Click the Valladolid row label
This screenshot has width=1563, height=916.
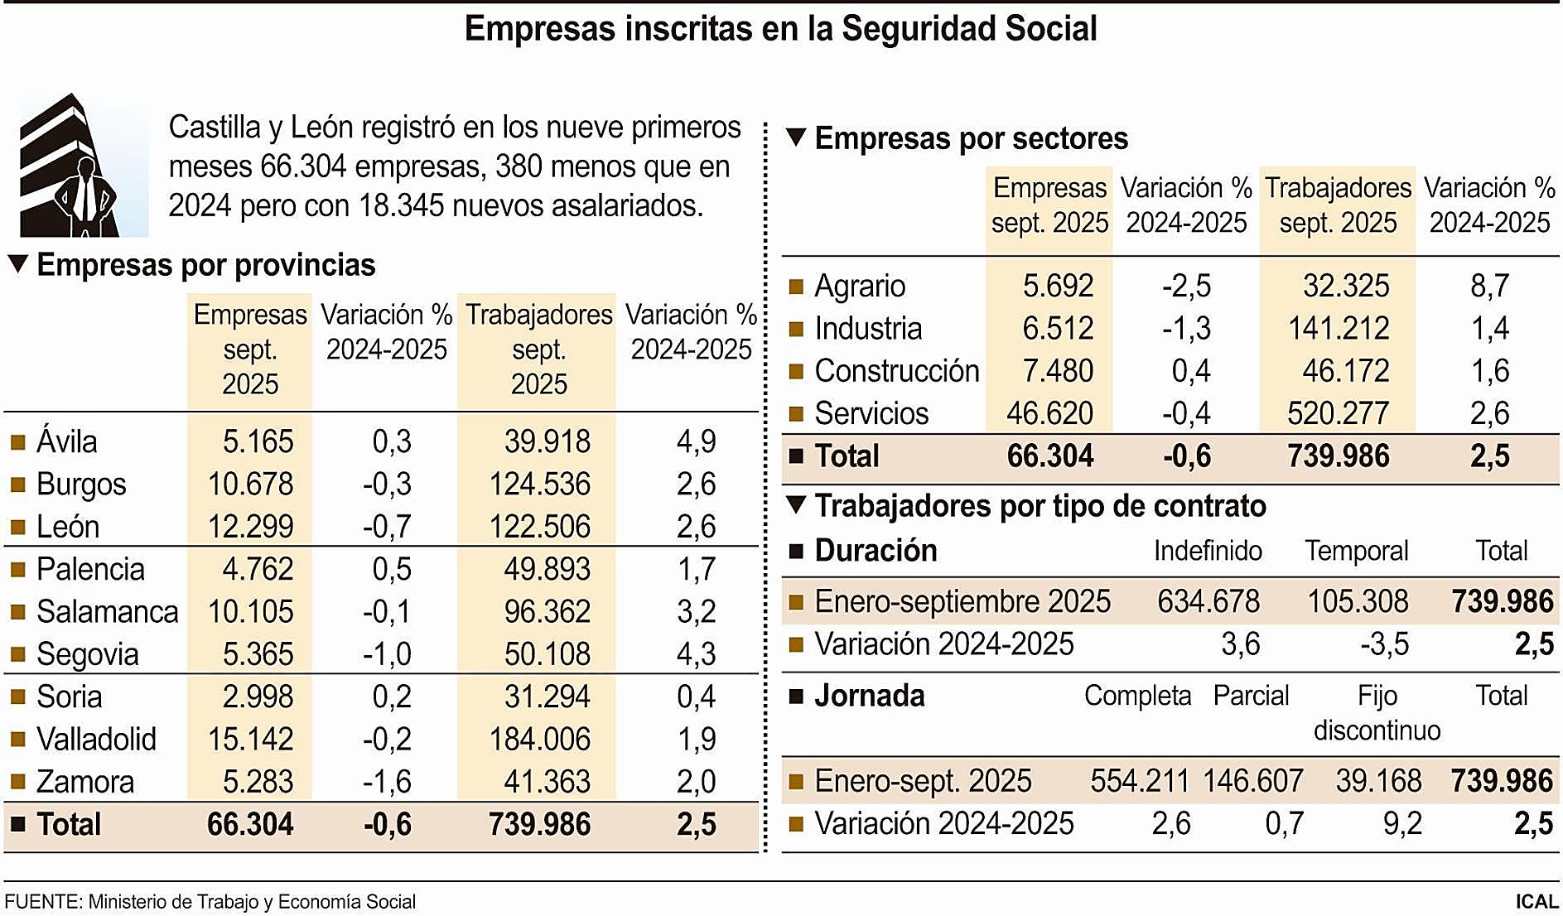[96, 739]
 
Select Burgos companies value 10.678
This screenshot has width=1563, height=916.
[250, 484]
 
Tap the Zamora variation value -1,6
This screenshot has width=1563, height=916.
[387, 782]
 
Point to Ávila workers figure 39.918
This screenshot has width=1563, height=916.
[547, 441]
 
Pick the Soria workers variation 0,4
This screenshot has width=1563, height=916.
[696, 697]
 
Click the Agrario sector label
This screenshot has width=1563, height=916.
[860, 286]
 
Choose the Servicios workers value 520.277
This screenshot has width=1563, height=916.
[1338, 413]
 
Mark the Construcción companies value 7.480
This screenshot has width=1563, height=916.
[1058, 371]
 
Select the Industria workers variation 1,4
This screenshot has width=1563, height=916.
[1489, 329]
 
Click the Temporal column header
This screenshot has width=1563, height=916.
[1357, 551]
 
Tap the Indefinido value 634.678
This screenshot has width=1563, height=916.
[1208, 601]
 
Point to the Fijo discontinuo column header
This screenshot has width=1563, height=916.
[1377, 713]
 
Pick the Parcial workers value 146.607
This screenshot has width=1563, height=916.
[1252, 781]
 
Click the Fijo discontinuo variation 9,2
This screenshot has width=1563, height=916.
[1402, 823]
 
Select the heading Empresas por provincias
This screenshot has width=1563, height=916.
[206, 265]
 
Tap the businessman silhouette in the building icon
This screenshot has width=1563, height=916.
[85, 197]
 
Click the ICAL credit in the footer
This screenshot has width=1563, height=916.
[1536, 901]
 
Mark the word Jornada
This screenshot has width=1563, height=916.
[869, 696]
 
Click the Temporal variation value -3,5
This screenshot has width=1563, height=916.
[1384, 644]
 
